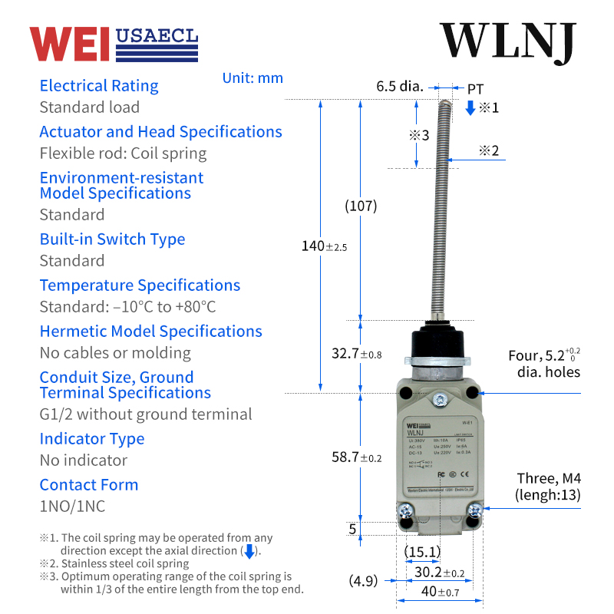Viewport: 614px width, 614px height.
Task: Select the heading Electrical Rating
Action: pos(99,86)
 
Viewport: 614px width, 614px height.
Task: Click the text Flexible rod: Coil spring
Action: pos(123,153)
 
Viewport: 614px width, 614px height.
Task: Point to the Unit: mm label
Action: pos(253,78)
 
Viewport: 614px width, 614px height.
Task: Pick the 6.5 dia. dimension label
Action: pos(399,86)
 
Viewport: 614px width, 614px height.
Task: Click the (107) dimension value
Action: pos(361,206)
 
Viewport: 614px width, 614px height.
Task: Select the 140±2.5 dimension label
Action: pos(324,246)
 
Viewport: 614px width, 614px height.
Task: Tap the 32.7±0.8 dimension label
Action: pos(355,354)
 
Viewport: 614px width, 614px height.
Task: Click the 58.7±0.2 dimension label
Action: pos(355,457)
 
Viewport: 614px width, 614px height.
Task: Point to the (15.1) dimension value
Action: pos(422,552)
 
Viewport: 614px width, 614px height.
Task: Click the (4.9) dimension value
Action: pos(363,580)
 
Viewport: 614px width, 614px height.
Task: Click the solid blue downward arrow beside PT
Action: pos(470,108)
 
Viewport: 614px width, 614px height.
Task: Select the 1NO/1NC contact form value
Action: pos(72,506)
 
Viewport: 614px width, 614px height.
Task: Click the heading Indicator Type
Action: pos(92,439)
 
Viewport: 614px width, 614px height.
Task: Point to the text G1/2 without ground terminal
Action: pos(146,414)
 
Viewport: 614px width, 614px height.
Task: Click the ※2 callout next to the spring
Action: pos(489,150)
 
